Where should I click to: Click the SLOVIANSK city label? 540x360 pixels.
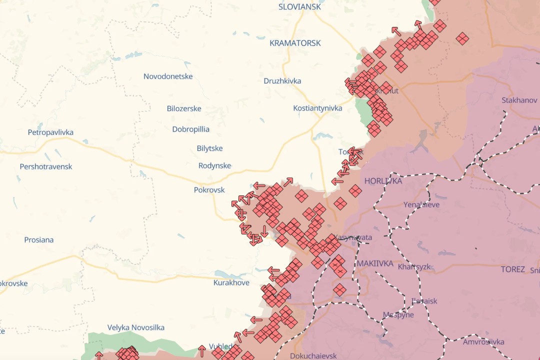299,7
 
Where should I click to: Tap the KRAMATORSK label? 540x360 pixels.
295,43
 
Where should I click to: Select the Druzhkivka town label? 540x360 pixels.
282,81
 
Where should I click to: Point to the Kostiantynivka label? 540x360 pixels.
317,108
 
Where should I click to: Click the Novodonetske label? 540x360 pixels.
168,76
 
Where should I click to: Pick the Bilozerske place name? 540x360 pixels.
184,108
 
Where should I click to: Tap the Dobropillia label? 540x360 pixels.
190,129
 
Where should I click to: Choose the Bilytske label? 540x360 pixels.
209,148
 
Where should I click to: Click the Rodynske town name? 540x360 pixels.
214,165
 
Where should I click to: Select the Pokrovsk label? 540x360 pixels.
209,190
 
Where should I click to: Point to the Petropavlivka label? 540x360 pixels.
50,132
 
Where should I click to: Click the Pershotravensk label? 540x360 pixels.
46,166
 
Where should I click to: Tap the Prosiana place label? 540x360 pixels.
38,240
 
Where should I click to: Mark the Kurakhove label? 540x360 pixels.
231,283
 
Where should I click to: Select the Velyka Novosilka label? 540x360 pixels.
135,327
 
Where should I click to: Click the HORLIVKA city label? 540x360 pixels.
383,181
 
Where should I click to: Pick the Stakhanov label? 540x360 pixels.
519,100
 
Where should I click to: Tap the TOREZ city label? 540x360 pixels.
512,269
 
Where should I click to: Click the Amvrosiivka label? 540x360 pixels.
483,342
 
